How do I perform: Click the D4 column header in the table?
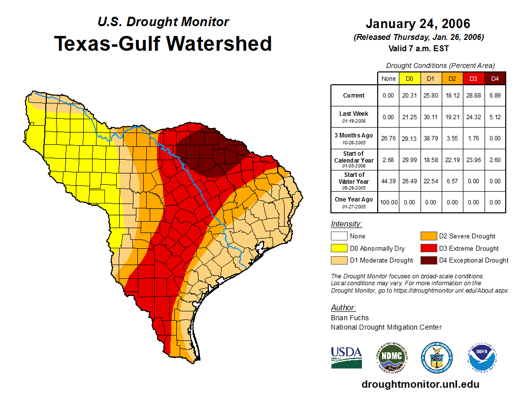495,78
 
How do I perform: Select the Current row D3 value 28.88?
473,96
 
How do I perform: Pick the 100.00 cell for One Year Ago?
388,202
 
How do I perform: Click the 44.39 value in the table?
388,181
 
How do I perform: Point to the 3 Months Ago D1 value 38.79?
430,138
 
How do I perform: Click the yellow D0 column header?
409,78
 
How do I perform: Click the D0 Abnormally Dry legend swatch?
338,248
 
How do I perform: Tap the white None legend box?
338,236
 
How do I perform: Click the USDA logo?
346,357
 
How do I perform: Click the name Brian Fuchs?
350,318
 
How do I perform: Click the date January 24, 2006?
418,24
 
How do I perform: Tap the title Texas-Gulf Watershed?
163,43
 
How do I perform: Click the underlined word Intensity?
346,224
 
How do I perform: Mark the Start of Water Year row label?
354,178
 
